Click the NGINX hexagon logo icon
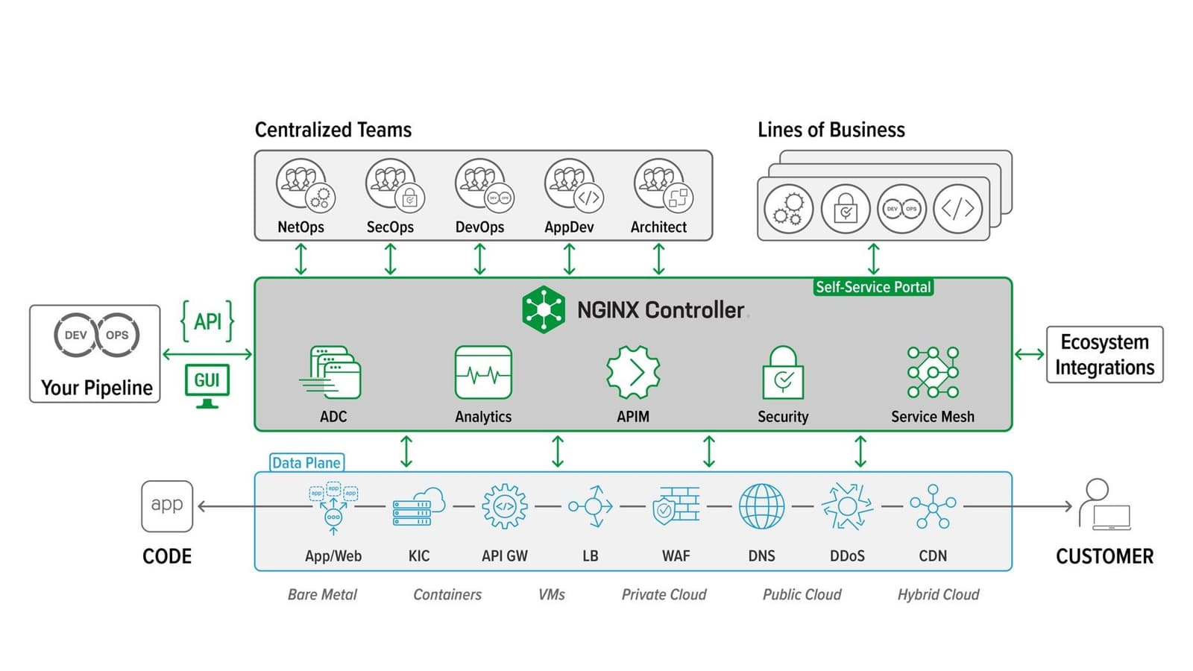[544, 309]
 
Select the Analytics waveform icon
[483, 373]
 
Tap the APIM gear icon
[633, 372]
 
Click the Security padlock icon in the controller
[783, 374]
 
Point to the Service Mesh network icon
[933, 372]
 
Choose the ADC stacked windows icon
[333, 372]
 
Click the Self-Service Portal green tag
[873, 287]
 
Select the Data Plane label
[306, 462]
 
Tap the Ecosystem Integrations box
[1104, 355]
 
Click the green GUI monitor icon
[207, 385]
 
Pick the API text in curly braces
[207, 321]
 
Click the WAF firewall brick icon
[676, 506]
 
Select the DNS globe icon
[761, 506]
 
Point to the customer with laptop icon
[1104, 505]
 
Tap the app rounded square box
[167, 505]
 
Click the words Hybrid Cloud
[938, 594]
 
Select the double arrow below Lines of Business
[873, 259]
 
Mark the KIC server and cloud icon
[419, 507]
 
